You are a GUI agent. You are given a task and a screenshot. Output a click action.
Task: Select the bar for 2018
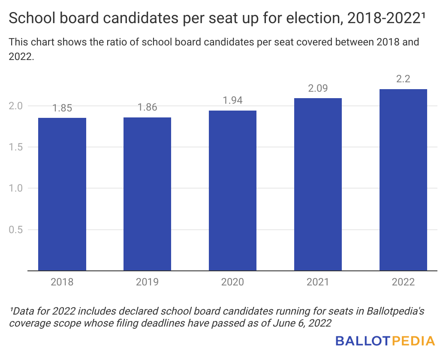tap(62, 194)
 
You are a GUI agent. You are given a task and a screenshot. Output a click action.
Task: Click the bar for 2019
tap(147, 194)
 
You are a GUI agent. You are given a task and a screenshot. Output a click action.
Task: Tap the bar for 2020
tap(232, 191)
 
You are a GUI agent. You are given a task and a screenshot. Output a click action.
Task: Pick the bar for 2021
tap(318, 184)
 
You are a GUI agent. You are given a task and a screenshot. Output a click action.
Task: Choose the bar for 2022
tap(403, 180)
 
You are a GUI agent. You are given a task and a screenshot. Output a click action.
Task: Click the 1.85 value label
tap(62, 108)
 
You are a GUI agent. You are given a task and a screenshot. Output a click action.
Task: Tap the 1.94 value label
tap(232, 101)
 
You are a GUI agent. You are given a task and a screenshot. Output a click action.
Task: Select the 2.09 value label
tap(318, 89)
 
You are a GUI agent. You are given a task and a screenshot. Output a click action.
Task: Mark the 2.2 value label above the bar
tap(403, 80)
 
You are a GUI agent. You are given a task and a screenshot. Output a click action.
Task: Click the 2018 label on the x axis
tap(62, 282)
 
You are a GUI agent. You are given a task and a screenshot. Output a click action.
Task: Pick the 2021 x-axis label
tap(318, 282)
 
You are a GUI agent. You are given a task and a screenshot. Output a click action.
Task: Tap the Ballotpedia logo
tap(385, 341)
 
